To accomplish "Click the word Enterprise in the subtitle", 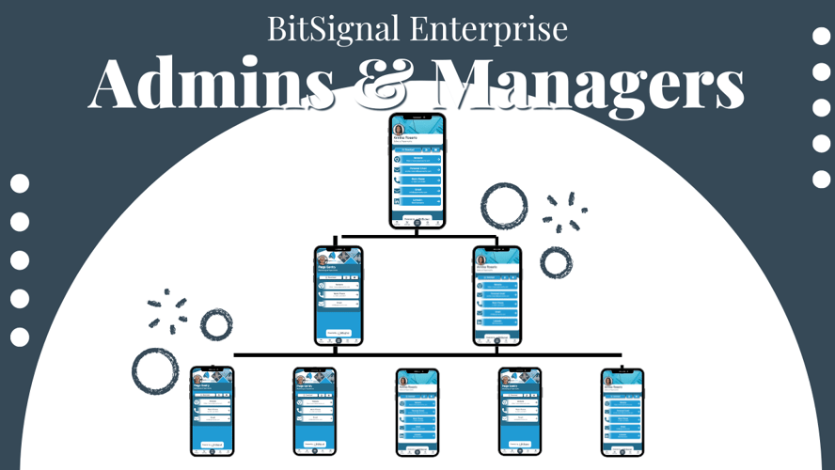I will pos(489,29).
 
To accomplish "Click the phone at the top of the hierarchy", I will pos(417,170).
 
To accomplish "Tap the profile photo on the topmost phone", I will pos(400,130).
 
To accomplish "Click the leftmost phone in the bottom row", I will pos(212,411).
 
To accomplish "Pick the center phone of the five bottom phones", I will pos(417,411).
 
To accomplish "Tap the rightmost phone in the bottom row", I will pos(622,411).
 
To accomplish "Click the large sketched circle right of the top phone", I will pos(504,207).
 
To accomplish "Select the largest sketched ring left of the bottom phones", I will pos(155,370).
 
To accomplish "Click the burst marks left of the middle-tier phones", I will pos(166,309).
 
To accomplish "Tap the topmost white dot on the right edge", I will pos(821,37).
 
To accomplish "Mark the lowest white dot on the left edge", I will pos(20,337).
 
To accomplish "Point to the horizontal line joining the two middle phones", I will pos(417,236).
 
